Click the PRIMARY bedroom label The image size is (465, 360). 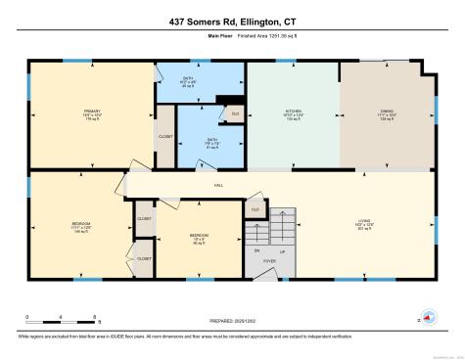(92, 112)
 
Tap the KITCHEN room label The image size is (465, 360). (293, 112)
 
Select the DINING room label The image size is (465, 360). (387, 112)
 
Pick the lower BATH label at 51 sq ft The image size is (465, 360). (211, 140)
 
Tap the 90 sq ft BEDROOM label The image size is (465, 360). (197, 236)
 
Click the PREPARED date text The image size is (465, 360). (231, 319)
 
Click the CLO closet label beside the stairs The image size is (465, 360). (255, 209)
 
